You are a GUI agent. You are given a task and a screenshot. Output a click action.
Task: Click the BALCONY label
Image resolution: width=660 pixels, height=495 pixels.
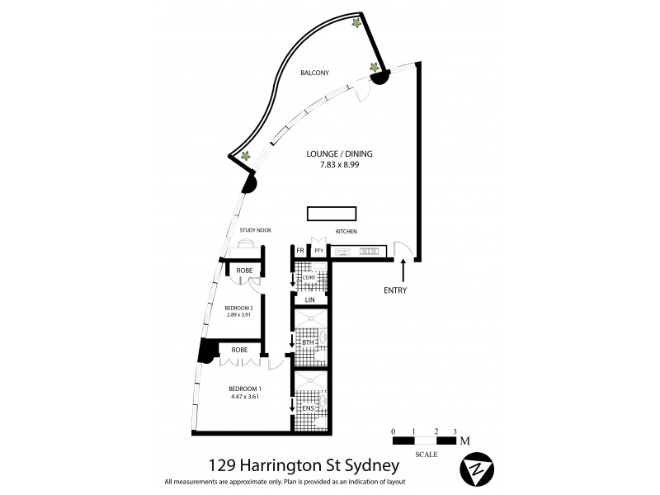click(x=314, y=73)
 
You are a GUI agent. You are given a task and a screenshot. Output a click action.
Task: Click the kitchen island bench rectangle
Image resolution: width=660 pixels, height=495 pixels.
click(x=330, y=214)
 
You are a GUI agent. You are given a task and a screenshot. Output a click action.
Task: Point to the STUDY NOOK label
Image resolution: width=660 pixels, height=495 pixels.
click(x=255, y=230)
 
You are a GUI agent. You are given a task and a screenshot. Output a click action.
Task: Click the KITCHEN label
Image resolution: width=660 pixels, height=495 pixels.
click(x=346, y=232)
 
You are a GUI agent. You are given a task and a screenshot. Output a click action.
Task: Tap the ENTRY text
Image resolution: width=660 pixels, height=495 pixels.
click(x=395, y=290)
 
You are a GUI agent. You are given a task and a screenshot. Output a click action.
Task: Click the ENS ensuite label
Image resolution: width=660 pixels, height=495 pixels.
click(x=309, y=408)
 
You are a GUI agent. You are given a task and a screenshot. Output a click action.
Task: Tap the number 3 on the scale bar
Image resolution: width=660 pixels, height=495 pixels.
click(x=455, y=432)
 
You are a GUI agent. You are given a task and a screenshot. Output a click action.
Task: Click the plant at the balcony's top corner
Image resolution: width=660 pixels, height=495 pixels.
click(x=356, y=23)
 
